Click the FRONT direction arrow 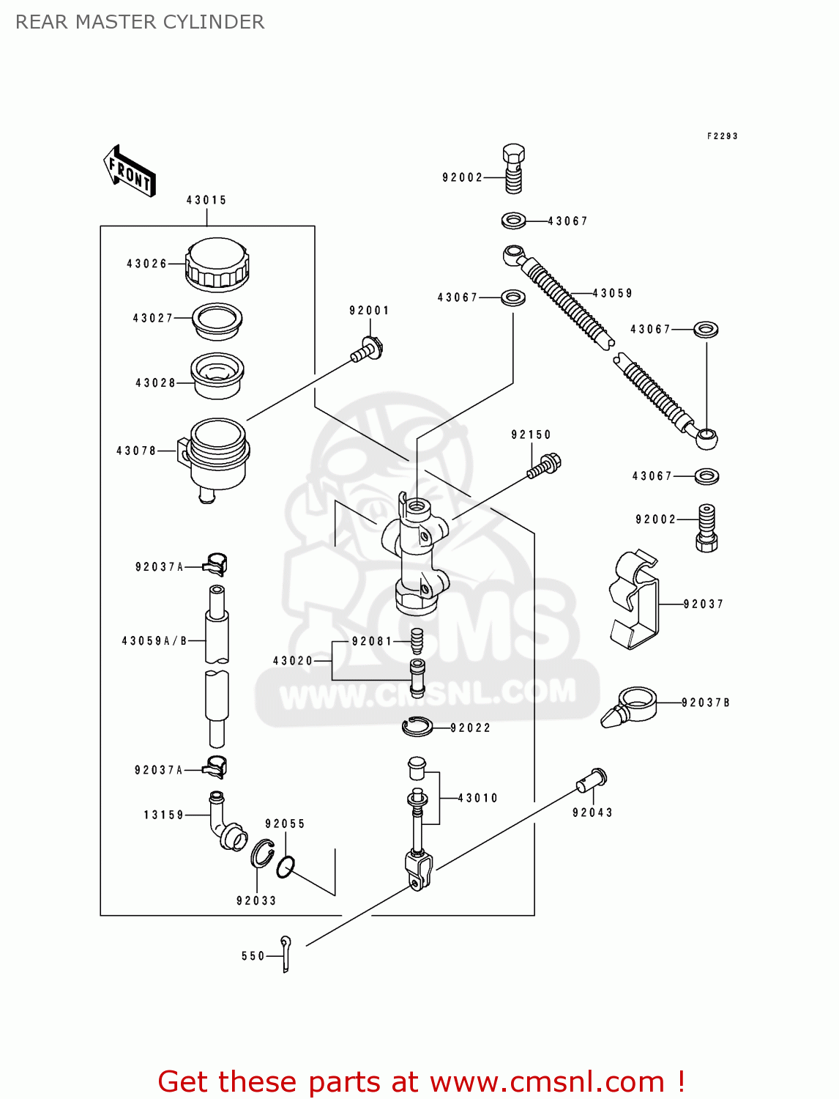pyautogui.click(x=130, y=171)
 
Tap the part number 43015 pyautogui.click(x=206, y=200)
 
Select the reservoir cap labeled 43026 pyautogui.click(x=217, y=264)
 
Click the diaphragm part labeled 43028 pyautogui.click(x=217, y=377)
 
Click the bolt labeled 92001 pyautogui.click(x=368, y=349)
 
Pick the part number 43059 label pyautogui.click(x=612, y=293)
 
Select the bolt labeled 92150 pyautogui.click(x=545, y=467)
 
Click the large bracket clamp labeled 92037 pyautogui.click(x=634, y=601)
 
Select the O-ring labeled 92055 pyautogui.click(x=286, y=868)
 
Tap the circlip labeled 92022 pyautogui.click(x=417, y=727)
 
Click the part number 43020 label pyautogui.click(x=293, y=661)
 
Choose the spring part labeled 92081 pyautogui.click(x=417, y=641)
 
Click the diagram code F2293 pyautogui.click(x=722, y=136)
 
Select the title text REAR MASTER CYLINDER pyautogui.click(x=140, y=22)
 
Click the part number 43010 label pyautogui.click(x=477, y=798)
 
